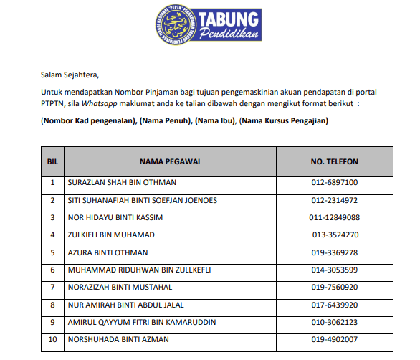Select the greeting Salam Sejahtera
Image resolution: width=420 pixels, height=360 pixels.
click(x=70, y=75)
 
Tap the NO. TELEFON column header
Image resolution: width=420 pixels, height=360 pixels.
click(x=334, y=161)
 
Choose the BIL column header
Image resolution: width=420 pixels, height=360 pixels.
click(x=52, y=161)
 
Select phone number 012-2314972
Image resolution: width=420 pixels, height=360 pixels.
click(x=334, y=200)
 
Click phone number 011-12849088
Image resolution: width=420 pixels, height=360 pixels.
click(x=334, y=217)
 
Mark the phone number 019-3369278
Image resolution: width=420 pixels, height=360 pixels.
click(x=334, y=252)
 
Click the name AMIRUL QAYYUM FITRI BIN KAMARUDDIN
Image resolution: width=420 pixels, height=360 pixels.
click(x=141, y=323)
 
